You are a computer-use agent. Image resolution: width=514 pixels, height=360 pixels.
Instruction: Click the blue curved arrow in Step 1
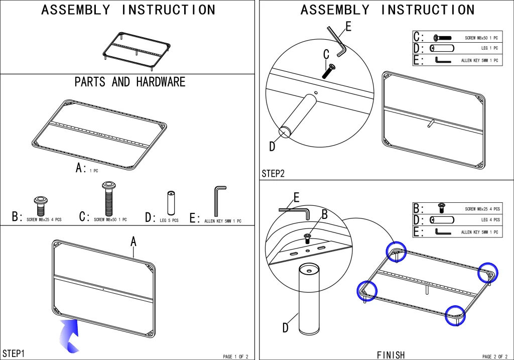[69, 336]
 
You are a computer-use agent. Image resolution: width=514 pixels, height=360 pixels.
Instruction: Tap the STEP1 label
[14, 353]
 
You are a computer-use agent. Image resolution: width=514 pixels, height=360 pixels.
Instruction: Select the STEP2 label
[273, 173]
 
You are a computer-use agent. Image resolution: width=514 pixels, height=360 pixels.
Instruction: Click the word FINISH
[391, 355]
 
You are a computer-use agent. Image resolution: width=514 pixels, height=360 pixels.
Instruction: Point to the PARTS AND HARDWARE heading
[130, 82]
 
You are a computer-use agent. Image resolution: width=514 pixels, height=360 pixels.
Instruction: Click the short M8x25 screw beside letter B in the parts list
[41, 206]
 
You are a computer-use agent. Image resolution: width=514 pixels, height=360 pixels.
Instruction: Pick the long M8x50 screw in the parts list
[109, 199]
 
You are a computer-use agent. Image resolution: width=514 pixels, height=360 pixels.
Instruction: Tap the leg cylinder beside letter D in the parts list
[171, 203]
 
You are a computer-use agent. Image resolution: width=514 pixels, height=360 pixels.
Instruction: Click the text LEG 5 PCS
[169, 220]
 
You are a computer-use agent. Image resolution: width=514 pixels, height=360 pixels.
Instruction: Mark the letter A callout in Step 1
[133, 242]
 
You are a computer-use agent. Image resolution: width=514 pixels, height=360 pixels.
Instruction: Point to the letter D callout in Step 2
[272, 146]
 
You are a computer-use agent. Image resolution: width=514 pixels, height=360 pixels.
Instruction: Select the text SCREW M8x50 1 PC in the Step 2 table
[481, 38]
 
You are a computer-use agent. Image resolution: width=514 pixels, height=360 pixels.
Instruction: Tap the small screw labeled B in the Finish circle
[308, 238]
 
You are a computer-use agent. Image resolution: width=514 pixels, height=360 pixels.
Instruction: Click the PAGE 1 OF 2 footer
[236, 356]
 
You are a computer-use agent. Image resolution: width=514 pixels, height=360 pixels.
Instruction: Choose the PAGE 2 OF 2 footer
[495, 356]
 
